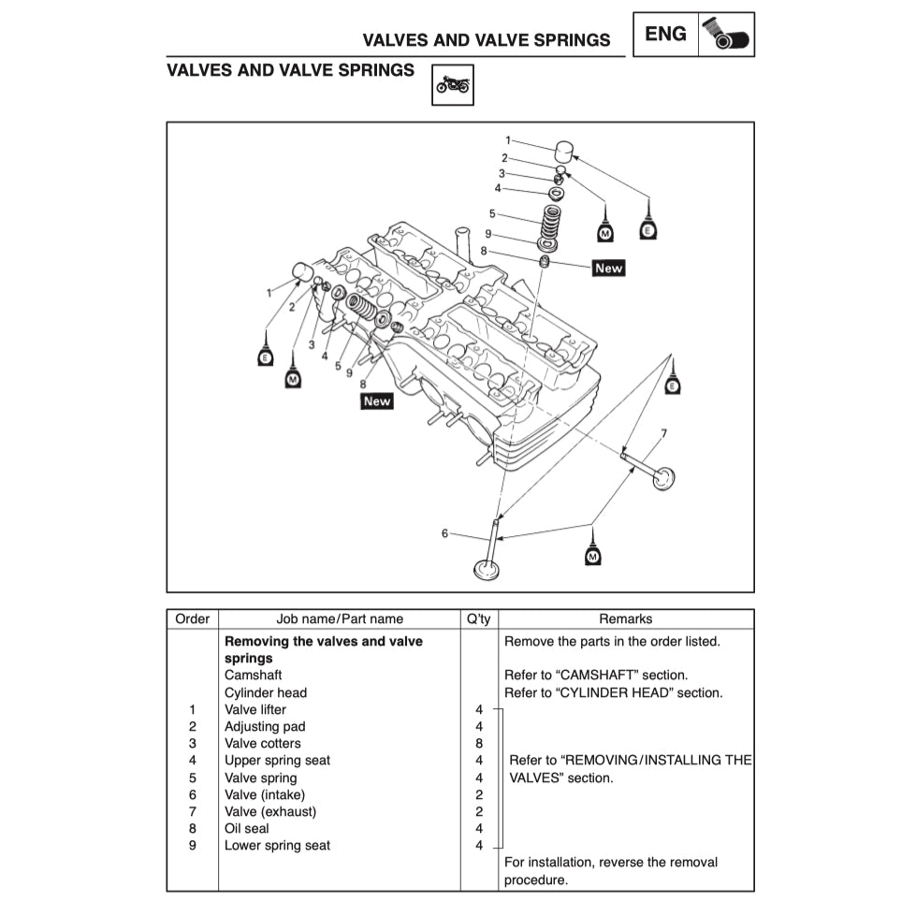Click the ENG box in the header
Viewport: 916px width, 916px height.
pyautogui.click(x=665, y=35)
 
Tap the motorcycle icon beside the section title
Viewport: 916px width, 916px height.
pyautogui.click(x=453, y=84)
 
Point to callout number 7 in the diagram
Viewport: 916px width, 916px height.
pyautogui.click(x=663, y=433)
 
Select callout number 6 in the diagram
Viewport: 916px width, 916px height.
pyautogui.click(x=445, y=533)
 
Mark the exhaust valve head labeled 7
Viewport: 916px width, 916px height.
pyautogui.click(x=663, y=478)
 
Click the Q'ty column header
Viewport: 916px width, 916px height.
pyautogui.click(x=478, y=618)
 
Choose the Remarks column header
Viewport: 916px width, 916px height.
pyautogui.click(x=626, y=618)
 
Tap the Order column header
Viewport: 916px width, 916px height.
pyautogui.click(x=192, y=618)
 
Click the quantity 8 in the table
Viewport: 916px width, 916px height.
pyautogui.click(x=479, y=743)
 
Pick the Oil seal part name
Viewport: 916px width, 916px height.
pyautogui.click(x=246, y=828)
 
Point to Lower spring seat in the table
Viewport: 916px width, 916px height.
pyautogui.click(x=277, y=845)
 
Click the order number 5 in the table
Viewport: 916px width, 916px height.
pyautogui.click(x=192, y=778)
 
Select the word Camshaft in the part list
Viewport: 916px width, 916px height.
pyautogui.click(x=253, y=675)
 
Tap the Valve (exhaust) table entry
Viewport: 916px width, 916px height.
pyautogui.click(x=270, y=811)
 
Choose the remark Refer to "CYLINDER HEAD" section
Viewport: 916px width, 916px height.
pyautogui.click(x=613, y=692)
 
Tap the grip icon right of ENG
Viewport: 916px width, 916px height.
pyautogui.click(x=726, y=35)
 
